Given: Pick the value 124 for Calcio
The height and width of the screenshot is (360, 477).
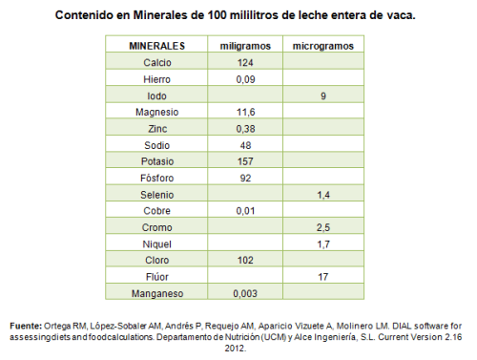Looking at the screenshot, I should click(x=245, y=62).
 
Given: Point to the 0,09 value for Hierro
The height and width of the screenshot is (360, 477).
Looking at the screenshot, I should click(x=245, y=79).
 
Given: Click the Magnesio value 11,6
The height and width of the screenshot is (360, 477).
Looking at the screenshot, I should click(x=245, y=112).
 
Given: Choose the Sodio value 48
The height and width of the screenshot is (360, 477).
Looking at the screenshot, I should click(x=245, y=145).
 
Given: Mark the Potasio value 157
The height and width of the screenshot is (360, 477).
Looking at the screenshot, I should click(x=245, y=161).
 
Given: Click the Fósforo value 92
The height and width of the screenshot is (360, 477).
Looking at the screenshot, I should click(x=245, y=178).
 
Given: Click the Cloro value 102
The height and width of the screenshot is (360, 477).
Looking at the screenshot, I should click(x=245, y=260).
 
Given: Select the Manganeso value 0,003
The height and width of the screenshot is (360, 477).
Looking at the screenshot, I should click(x=245, y=293).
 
